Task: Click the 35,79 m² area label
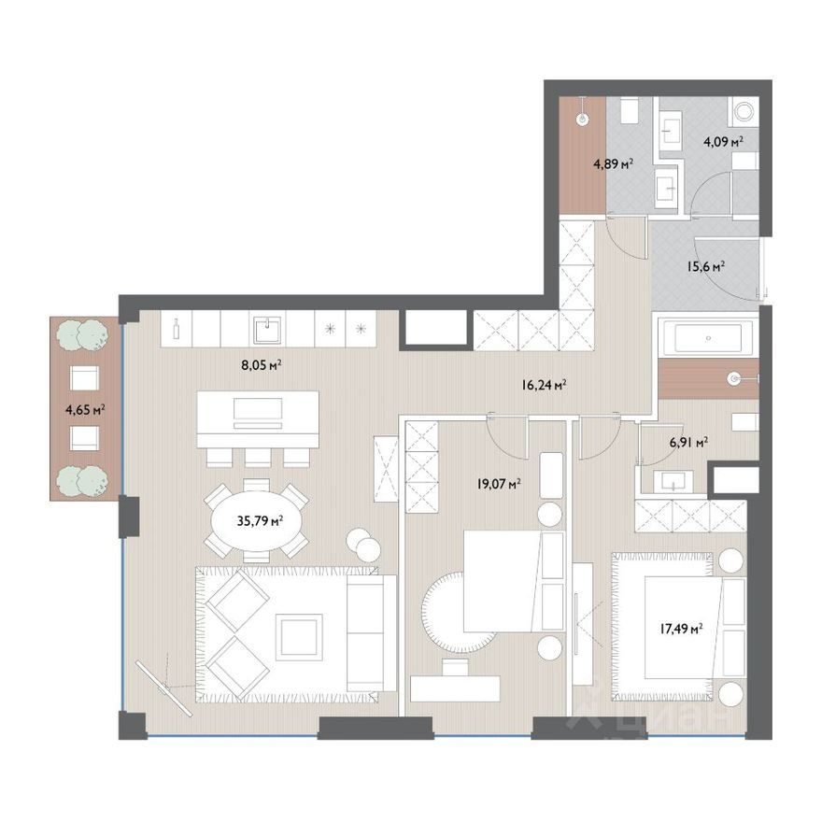pos(260,521)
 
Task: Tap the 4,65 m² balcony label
pos(85,409)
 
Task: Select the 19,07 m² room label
pos(499,483)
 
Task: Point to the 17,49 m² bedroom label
pos(681,629)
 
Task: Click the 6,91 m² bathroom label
pos(688,443)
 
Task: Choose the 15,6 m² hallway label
pos(705,266)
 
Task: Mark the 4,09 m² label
pos(724,141)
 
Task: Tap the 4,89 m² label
pos(613,164)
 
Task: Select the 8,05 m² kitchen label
pos(262,365)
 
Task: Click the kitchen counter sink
pos(267,331)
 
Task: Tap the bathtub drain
pos(708,338)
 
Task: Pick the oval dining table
pos(255,521)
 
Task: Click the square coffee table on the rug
pos(298,635)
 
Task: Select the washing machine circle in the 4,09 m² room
pos(744,112)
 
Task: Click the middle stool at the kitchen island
pos(258,457)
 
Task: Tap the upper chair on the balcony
pos(84,377)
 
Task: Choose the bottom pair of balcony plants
pos(83,480)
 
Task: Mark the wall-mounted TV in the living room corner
pos(164,687)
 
